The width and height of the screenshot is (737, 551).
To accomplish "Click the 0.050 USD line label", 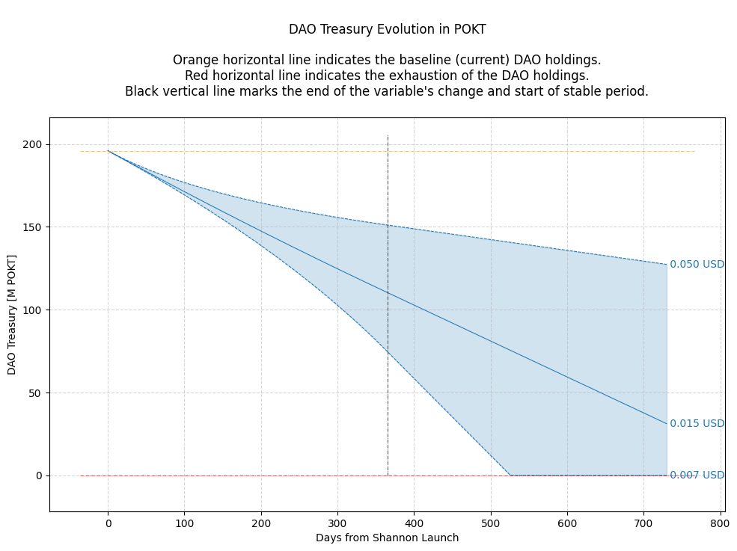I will coord(697,265).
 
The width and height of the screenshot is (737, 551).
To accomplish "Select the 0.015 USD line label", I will coord(697,424).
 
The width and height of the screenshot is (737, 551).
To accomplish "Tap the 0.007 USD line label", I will coord(697,475).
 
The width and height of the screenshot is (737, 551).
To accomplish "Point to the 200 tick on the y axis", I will coord(34,144).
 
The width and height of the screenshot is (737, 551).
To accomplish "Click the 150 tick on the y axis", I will coord(34,227).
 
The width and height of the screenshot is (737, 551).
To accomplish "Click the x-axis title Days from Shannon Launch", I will coord(387,538).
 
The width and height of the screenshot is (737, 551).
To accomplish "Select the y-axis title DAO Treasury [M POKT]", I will coord(12,315).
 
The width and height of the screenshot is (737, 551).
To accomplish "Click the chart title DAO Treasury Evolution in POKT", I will coord(387,30).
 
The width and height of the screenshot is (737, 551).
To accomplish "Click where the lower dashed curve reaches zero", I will coord(510,475).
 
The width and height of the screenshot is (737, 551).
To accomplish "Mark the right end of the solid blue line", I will coord(666,424).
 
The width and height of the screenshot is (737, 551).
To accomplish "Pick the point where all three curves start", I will coord(108,151).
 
